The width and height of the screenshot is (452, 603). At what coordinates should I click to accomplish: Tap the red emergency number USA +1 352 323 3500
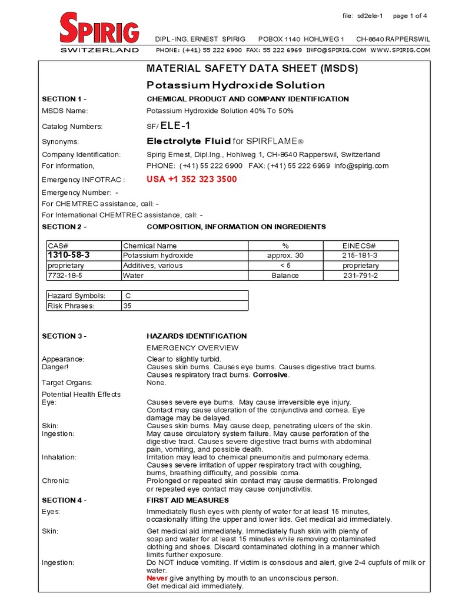[191, 179]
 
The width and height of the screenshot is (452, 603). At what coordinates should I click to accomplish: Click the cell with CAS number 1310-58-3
[69, 255]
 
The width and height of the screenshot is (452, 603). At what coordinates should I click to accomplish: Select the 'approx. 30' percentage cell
[285, 256]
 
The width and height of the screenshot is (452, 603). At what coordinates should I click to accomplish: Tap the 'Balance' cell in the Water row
[285, 275]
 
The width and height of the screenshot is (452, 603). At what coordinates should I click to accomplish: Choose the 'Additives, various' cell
[152, 266]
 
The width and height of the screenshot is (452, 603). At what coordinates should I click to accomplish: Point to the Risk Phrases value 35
[128, 306]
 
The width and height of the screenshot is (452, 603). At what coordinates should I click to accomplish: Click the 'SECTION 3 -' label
[64, 336]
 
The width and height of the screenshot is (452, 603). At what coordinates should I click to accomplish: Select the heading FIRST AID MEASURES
[187, 501]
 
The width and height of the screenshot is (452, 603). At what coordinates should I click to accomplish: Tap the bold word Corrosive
[271, 375]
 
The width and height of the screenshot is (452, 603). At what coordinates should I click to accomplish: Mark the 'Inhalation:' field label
[59, 457]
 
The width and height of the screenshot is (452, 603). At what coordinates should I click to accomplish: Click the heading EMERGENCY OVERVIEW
[192, 347]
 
